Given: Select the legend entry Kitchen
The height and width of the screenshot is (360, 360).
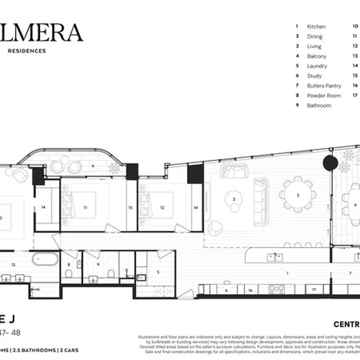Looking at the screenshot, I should click(316, 26).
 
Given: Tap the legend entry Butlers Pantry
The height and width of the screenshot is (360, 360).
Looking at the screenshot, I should click(324, 86).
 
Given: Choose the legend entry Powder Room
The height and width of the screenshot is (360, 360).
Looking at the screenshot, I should click(323, 95).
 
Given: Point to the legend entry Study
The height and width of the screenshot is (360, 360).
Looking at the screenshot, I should click(314, 76).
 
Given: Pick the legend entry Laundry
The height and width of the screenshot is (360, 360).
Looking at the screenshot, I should click(317, 66).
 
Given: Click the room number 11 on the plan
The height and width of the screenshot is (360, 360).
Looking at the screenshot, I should click(85, 207).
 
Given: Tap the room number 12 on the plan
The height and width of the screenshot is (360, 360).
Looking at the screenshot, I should click(162, 207).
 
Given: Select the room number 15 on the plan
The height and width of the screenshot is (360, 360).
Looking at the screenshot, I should click(130, 207).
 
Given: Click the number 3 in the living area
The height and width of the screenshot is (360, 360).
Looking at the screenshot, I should click(233, 200).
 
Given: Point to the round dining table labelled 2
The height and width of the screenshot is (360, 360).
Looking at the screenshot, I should click(298, 195).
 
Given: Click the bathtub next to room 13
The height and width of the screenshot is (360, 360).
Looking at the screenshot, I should click(42, 260).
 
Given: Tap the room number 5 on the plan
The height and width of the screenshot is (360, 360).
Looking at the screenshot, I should click(158, 272).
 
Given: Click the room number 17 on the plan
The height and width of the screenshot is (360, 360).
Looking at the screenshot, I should click(314, 290).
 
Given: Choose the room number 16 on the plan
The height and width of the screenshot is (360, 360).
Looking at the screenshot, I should click(250, 290).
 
